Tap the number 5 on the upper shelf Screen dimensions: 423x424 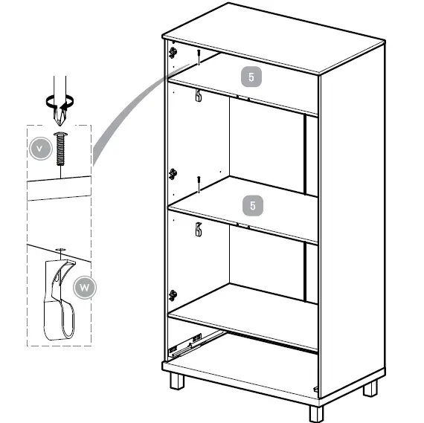(253, 76)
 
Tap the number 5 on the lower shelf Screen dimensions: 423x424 (253, 204)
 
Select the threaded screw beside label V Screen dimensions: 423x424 (60, 151)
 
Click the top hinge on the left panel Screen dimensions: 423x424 (173, 53)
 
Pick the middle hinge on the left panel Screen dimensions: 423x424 (173, 174)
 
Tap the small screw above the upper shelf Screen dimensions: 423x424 (199, 56)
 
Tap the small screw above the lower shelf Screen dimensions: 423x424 (199, 183)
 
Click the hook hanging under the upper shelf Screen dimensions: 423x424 (199, 95)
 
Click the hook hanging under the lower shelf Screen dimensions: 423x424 (199, 228)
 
